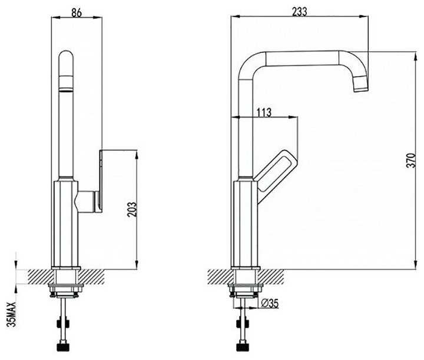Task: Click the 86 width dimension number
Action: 77,11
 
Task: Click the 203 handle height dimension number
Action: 131,210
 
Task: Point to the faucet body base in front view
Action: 67,224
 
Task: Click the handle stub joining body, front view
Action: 87,202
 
